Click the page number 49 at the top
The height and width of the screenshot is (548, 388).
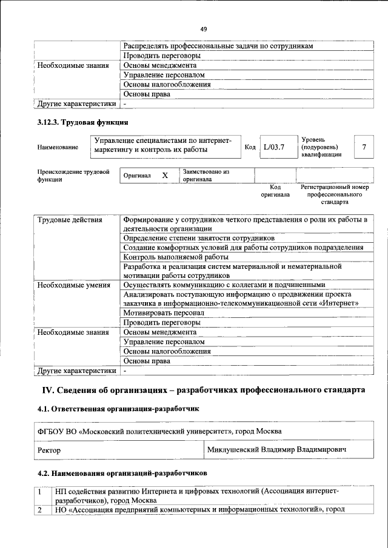point(204,28)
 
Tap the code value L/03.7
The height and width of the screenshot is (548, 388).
point(274,147)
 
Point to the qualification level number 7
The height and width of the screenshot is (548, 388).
point(364,147)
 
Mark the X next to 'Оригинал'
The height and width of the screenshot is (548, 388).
point(165,176)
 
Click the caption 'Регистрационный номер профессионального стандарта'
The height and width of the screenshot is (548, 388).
point(335,195)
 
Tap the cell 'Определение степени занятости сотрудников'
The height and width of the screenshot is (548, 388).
point(198,238)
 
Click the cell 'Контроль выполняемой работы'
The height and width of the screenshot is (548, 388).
point(172,257)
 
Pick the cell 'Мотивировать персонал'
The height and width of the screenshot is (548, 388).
point(163,313)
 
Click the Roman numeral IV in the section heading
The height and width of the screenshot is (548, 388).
point(48,389)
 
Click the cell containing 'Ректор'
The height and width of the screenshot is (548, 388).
point(49,451)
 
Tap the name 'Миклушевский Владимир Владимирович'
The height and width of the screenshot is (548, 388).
point(277,451)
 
